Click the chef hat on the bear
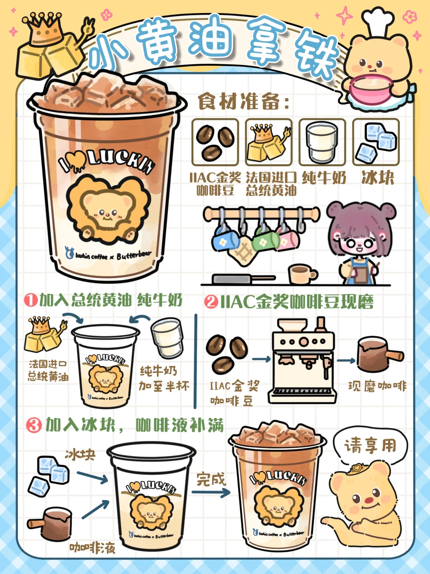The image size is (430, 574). (379, 22)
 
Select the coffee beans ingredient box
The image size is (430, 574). (215, 142)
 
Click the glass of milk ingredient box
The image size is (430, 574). (322, 142)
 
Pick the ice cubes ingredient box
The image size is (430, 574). (376, 142)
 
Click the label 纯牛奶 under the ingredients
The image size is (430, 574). (324, 178)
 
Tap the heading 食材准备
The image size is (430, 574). (243, 102)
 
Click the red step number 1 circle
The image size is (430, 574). (31, 300)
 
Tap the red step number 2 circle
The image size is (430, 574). (211, 302)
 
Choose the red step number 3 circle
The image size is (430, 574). (34, 425)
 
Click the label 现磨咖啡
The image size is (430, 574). (377, 386)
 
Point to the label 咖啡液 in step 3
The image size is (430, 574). (92, 548)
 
